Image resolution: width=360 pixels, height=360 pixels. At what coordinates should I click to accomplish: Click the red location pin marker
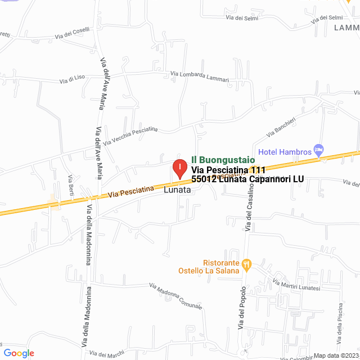[x=179, y=169]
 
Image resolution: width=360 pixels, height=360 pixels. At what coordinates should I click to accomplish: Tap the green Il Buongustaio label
[x=223, y=160]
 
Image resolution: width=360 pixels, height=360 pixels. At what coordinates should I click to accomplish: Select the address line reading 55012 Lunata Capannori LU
[x=247, y=179]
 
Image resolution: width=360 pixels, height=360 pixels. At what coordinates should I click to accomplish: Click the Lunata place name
[x=178, y=190]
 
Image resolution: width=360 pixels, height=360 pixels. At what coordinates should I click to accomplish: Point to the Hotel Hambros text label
[x=284, y=152]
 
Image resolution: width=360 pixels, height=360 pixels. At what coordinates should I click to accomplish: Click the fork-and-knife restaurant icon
[x=246, y=263]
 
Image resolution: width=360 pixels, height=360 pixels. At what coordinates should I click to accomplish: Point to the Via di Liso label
[x=72, y=80]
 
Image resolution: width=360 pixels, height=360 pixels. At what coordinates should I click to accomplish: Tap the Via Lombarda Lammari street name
[x=200, y=76]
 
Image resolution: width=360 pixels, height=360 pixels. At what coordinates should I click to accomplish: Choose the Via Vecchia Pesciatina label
[x=130, y=136]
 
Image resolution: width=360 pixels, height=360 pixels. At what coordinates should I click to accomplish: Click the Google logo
[x=18, y=353]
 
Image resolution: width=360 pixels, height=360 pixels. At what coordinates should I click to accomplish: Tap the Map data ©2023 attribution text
[x=335, y=355]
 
